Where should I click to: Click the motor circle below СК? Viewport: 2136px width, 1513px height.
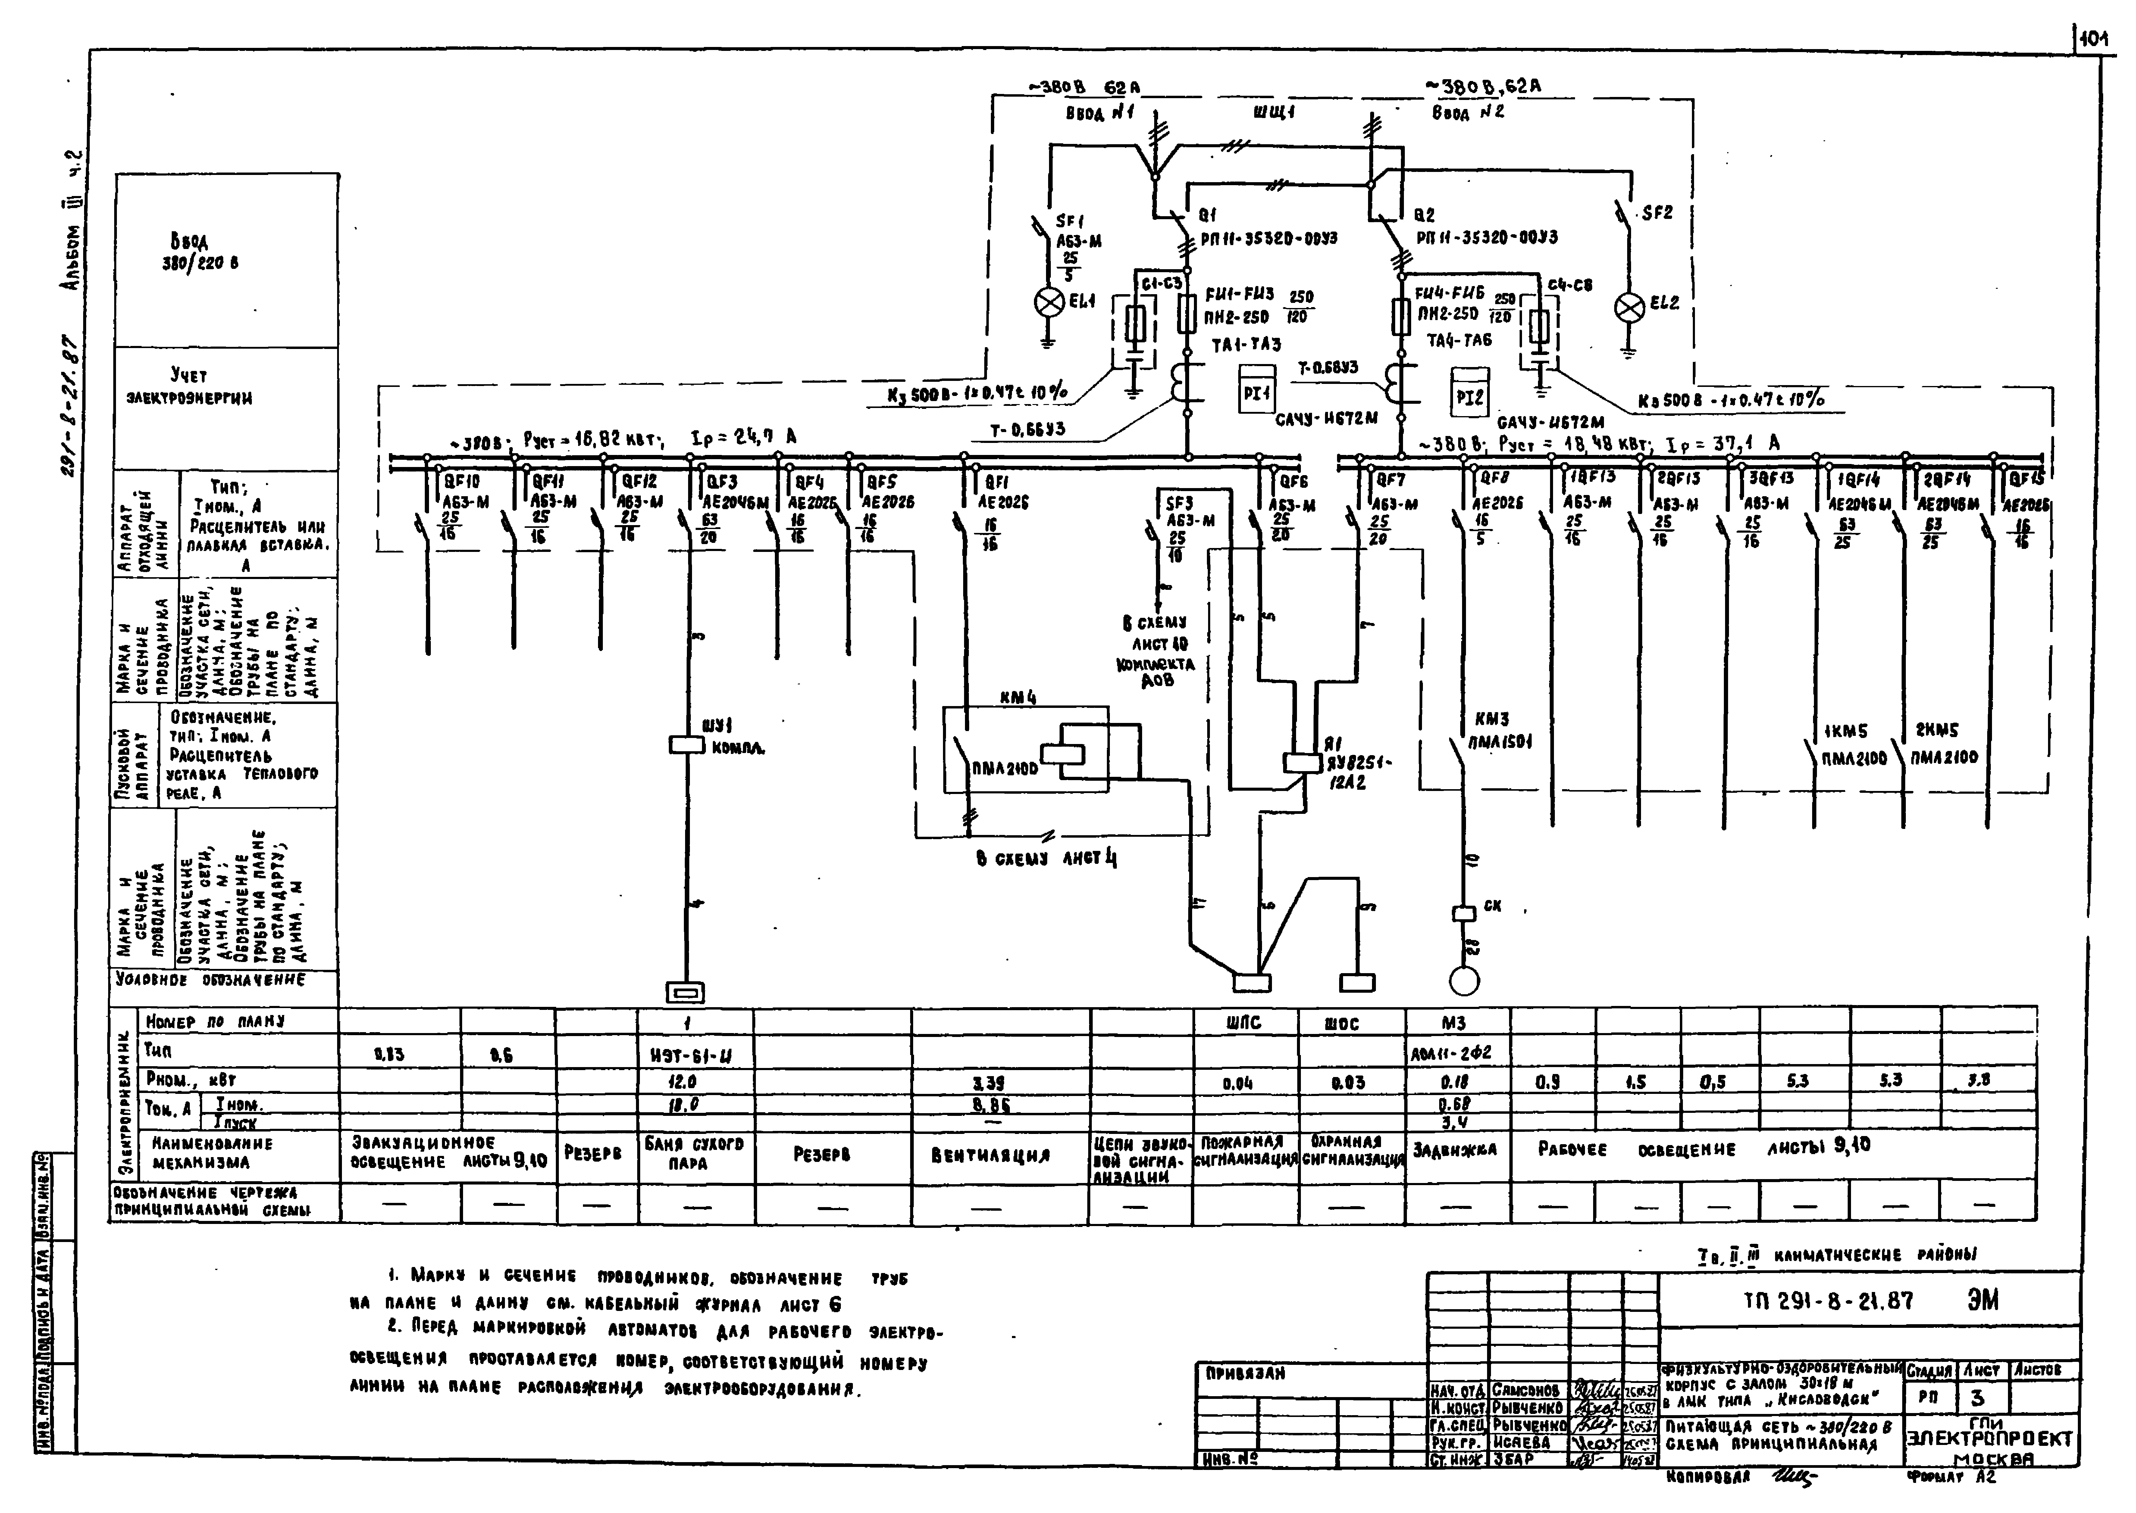pyautogui.click(x=1464, y=980)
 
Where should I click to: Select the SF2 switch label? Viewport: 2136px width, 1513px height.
pyautogui.click(x=1657, y=212)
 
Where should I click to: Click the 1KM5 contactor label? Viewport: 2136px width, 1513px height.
pyautogui.click(x=1845, y=731)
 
